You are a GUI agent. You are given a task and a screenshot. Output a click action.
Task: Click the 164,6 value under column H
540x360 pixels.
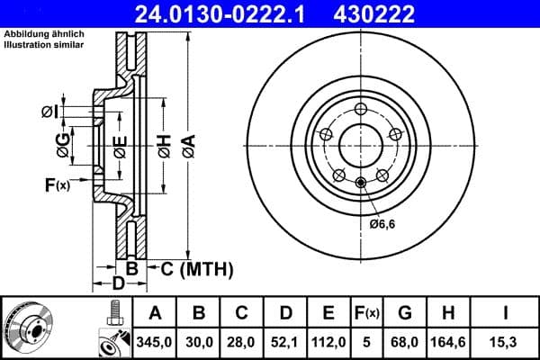coord(448,341)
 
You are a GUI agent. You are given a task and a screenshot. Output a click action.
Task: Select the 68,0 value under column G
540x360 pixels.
coord(405,341)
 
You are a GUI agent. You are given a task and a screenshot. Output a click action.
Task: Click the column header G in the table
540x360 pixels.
coord(405,312)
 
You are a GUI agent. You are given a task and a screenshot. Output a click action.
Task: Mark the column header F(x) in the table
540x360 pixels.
coord(368,312)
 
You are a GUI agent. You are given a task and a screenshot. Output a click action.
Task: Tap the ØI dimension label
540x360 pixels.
coord(50,111)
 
